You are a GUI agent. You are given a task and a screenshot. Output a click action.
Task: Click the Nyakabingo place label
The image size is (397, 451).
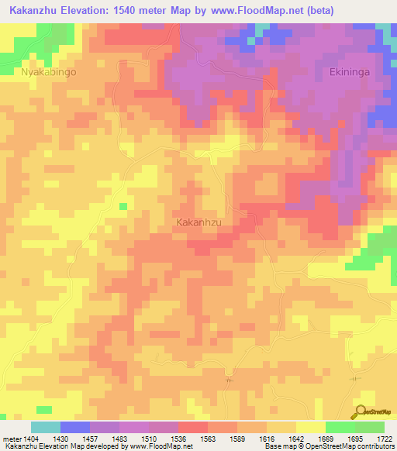[50, 71]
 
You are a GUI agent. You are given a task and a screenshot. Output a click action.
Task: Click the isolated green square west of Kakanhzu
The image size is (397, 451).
[123, 206]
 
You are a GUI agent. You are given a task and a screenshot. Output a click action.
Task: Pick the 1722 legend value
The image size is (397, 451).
[382, 438]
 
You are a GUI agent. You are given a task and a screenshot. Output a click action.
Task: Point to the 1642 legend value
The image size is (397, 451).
[295, 438]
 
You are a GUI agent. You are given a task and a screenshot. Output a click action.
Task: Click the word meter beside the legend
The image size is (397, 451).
[11, 438]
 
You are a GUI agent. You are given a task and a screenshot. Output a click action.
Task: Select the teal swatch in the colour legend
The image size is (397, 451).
[46, 427]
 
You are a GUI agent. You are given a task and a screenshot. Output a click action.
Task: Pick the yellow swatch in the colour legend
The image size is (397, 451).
[310, 427]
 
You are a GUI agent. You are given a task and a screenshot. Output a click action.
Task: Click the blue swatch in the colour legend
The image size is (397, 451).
[75, 427]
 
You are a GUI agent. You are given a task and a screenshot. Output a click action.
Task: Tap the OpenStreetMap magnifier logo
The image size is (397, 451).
[360, 412]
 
